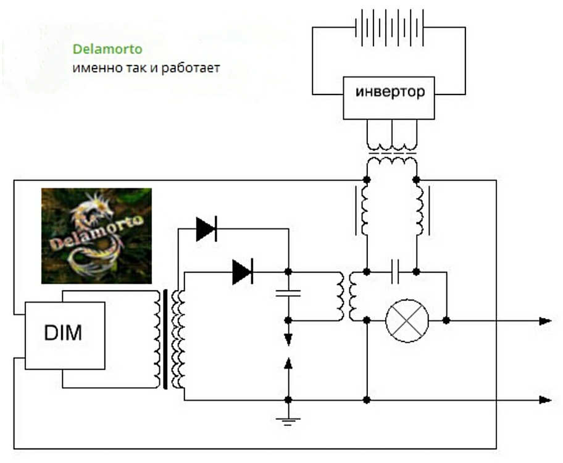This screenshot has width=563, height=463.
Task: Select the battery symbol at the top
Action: pyautogui.click(x=390, y=28)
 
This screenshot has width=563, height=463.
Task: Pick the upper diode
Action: pyautogui.click(x=206, y=229)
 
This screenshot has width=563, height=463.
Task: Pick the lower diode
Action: pyautogui.click(x=243, y=272)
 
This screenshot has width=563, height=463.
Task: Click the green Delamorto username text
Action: pyautogui.click(x=107, y=49)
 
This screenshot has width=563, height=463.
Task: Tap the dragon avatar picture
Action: pyautogui.click(x=96, y=236)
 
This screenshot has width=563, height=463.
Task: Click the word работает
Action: pyautogui.click(x=190, y=68)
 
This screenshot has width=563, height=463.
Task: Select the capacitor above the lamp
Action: pyautogui.click(x=395, y=272)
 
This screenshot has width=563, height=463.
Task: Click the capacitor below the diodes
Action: pyautogui.click(x=288, y=293)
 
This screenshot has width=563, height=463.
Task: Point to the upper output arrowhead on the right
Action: pyautogui.click(x=545, y=321)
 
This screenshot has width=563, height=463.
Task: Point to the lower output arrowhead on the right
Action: pyautogui.click(x=545, y=400)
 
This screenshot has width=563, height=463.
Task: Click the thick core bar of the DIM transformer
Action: pyautogui.click(x=165, y=340)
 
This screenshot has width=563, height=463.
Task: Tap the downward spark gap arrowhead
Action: pyautogui.click(x=288, y=340)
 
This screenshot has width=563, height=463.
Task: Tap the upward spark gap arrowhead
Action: pyautogui.click(x=288, y=364)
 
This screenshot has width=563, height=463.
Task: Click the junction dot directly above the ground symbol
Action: pyautogui.click(x=288, y=400)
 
